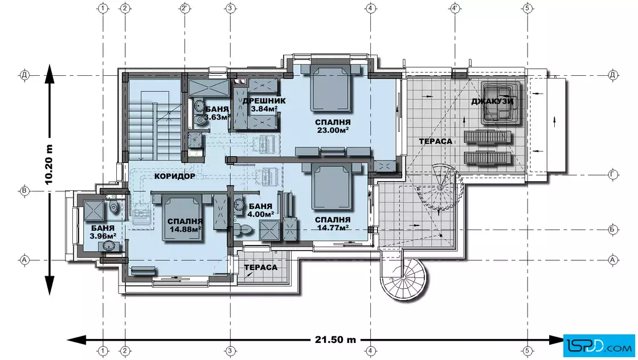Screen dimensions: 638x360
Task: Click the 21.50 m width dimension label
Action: click(x=336, y=339)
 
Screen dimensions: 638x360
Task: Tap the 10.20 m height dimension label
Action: click(x=49, y=165)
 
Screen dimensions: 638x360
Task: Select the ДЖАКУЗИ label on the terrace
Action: click(x=492, y=101)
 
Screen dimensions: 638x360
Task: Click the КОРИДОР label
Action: click(x=175, y=176)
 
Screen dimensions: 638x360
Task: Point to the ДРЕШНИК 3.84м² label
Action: click(x=264, y=105)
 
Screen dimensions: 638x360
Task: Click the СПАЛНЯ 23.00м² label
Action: click(x=333, y=126)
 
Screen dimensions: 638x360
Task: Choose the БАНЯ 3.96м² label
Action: click(x=103, y=232)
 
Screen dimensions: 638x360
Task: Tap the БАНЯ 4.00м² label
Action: click(x=260, y=210)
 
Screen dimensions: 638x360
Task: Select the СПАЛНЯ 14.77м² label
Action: click(x=333, y=224)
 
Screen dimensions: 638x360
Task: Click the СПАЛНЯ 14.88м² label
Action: click(x=185, y=225)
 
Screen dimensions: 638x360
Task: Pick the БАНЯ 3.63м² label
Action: click(x=217, y=113)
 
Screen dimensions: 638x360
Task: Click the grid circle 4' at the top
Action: click(x=455, y=8)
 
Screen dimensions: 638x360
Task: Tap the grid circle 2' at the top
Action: click(x=185, y=8)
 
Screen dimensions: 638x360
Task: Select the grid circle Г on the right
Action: click(x=613, y=174)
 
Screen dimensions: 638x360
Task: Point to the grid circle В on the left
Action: click(x=24, y=191)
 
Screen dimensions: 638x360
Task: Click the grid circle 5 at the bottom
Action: click(x=527, y=350)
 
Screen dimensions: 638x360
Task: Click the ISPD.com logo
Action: click(x=599, y=346)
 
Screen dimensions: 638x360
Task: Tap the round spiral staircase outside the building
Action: click(x=404, y=276)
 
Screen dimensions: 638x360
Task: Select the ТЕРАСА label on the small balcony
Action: click(x=261, y=267)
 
